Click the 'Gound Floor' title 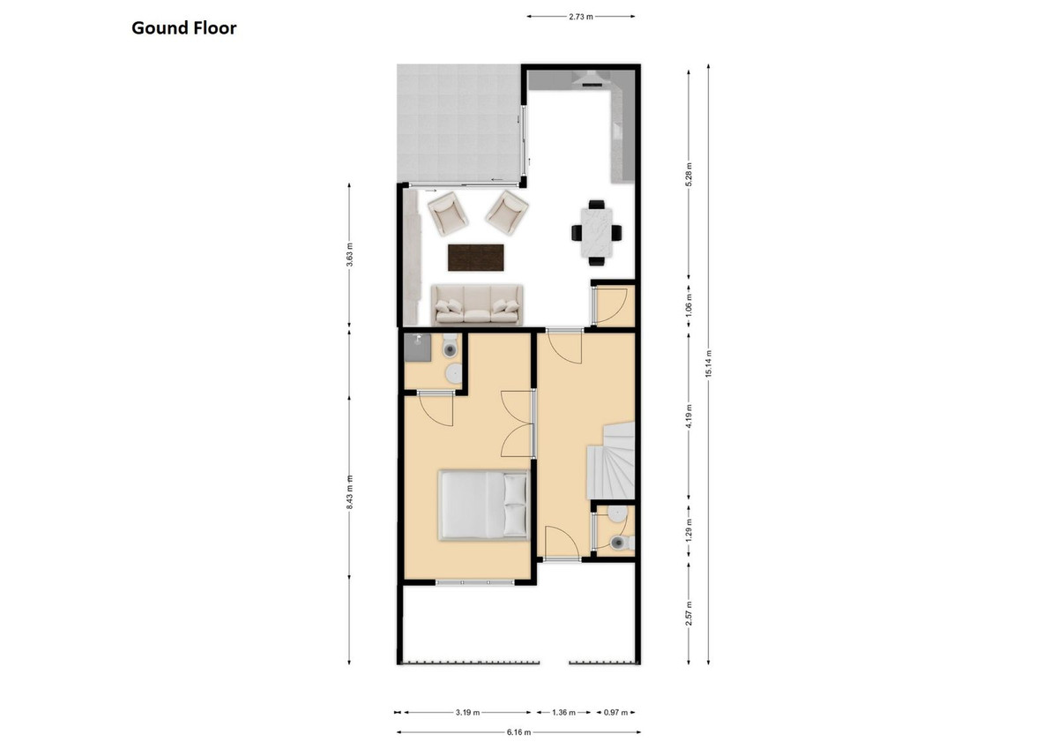tap(184, 28)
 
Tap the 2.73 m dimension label tap(581, 16)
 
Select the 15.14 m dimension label tap(709, 366)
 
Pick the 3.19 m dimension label tap(467, 712)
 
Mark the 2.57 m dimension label tap(689, 610)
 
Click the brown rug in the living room tap(476, 258)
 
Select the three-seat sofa tap(476, 304)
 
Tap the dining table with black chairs tap(596, 232)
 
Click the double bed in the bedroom tap(484, 505)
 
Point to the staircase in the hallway tap(611, 459)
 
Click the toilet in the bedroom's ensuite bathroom tap(452, 350)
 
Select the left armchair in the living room tap(447, 212)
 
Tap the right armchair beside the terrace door tap(507, 210)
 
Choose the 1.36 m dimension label tap(564, 712)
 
